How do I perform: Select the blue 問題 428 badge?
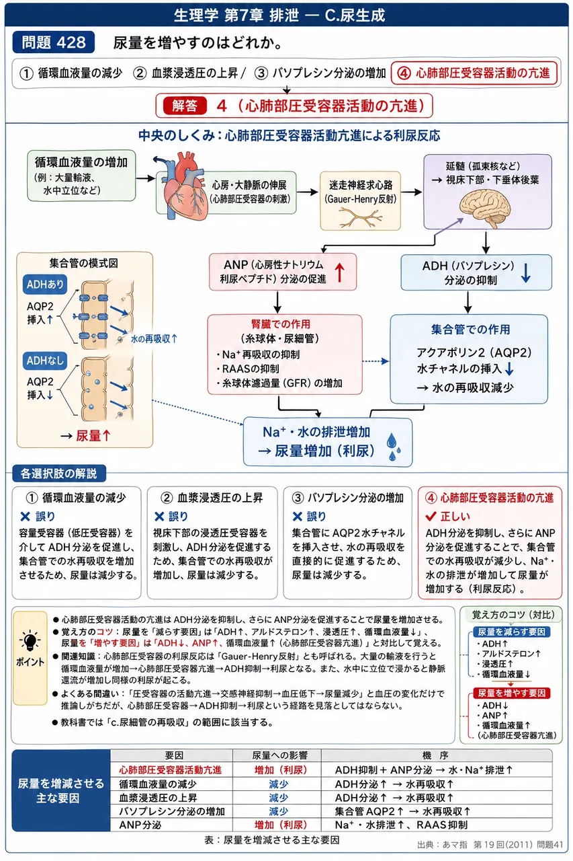pos(53,42)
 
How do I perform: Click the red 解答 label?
pos(185,106)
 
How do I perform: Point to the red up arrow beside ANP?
pos(339,272)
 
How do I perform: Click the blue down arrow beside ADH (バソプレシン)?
pos(525,273)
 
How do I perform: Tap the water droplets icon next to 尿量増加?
pos(394,447)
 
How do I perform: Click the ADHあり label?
pos(45,285)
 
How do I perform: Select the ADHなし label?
pos(45,361)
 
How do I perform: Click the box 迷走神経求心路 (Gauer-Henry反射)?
pos(360,200)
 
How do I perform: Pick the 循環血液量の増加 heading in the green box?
pos(81,162)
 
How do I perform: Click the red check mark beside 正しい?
pos(431,516)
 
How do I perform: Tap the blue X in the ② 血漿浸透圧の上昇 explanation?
pos(159,517)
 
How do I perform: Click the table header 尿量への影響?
pos(279,755)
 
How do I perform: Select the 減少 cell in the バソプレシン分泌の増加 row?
pos(279,811)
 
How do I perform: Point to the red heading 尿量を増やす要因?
pos(511,693)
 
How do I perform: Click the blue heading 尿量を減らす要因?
pos(511,632)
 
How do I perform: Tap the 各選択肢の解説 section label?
pos(58,473)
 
